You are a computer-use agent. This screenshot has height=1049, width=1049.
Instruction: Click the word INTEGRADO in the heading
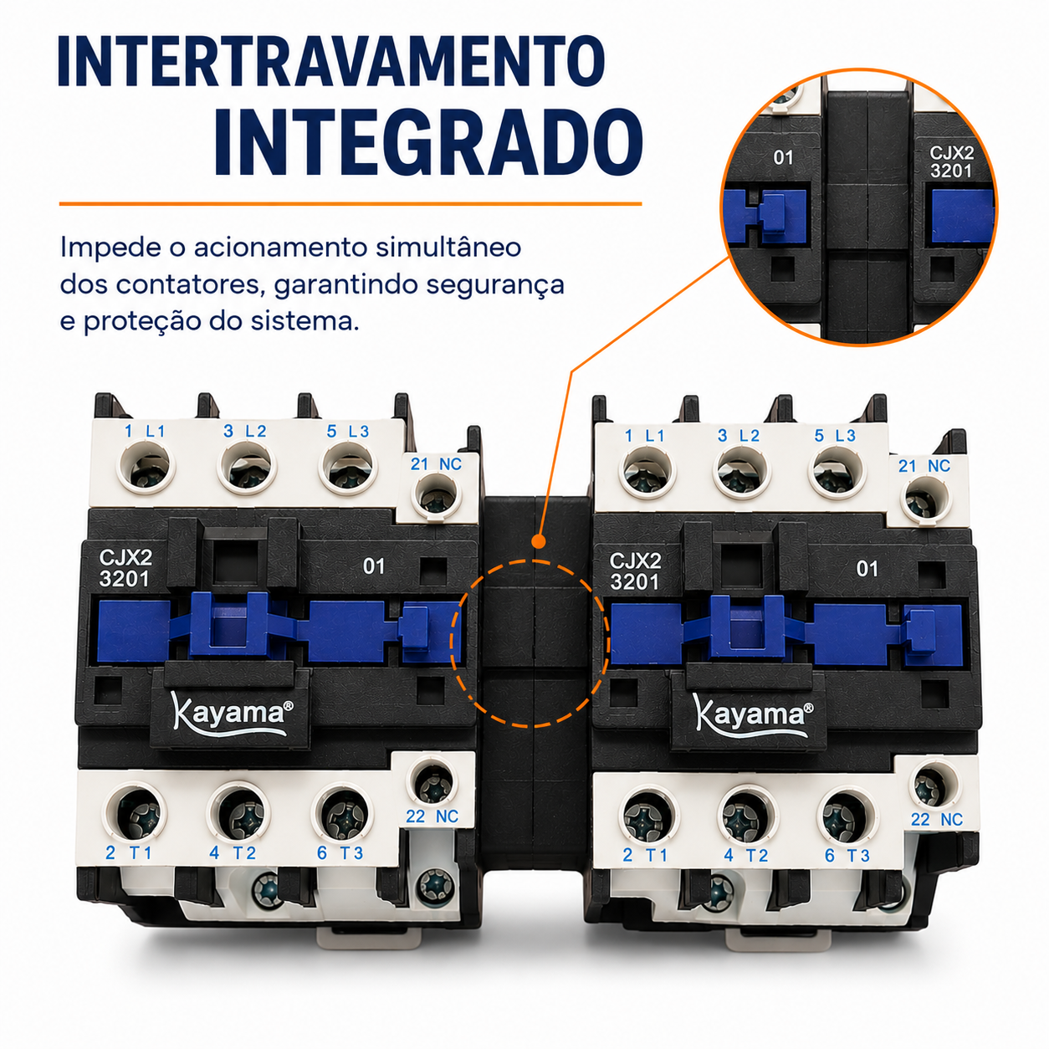click(428, 142)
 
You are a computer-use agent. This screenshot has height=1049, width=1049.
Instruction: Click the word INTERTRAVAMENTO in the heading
click(331, 60)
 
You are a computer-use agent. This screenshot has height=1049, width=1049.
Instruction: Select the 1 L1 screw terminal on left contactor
click(146, 468)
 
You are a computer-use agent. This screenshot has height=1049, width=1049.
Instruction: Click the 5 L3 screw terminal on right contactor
click(837, 472)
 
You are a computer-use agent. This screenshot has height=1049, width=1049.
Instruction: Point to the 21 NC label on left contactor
click(436, 464)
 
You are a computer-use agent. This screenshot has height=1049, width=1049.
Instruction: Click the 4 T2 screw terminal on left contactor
click(238, 815)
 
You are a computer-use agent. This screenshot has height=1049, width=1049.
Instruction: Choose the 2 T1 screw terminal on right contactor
click(647, 816)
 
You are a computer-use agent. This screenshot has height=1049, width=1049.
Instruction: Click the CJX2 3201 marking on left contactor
click(125, 568)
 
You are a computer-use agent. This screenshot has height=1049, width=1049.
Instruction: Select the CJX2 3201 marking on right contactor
click(635, 571)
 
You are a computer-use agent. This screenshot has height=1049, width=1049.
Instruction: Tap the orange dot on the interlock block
click(539, 542)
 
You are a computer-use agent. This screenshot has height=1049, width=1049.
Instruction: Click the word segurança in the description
click(495, 285)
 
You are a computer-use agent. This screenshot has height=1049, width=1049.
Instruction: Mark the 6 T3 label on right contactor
click(847, 856)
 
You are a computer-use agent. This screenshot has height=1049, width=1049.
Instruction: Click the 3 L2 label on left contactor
click(244, 431)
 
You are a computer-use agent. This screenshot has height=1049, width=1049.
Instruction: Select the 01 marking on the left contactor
click(373, 566)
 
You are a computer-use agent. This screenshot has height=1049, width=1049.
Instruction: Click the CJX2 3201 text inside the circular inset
click(951, 162)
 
